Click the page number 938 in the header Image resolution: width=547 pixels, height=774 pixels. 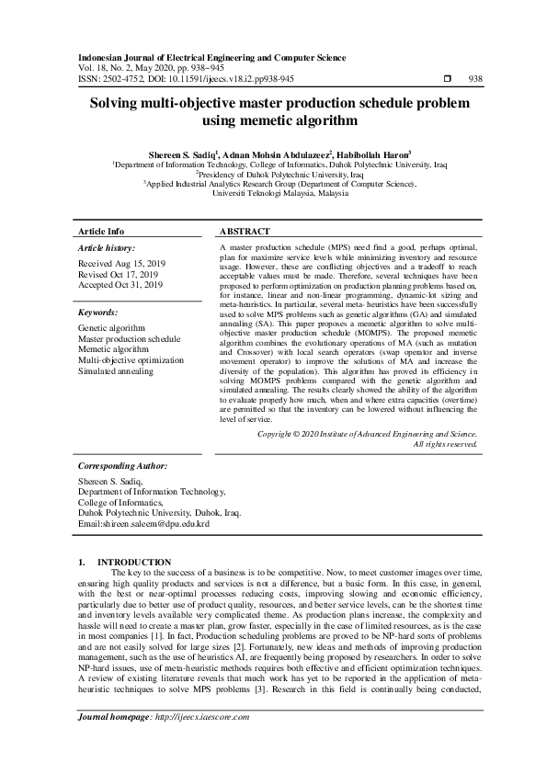click(x=475, y=80)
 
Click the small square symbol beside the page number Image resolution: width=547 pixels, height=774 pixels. click(x=448, y=80)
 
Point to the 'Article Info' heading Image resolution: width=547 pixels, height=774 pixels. click(x=101, y=232)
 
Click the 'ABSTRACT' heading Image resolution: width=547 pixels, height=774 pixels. click(x=245, y=232)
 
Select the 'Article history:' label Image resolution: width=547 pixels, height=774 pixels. click(x=107, y=248)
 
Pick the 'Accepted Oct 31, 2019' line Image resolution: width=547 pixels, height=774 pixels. click(x=120, y=285)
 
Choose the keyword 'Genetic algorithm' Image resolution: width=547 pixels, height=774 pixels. click(x=111, y=328)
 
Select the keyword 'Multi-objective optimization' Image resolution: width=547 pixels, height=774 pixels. click(x=131, y=360)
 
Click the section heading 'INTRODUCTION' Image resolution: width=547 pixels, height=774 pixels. click(x=134, y=562)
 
